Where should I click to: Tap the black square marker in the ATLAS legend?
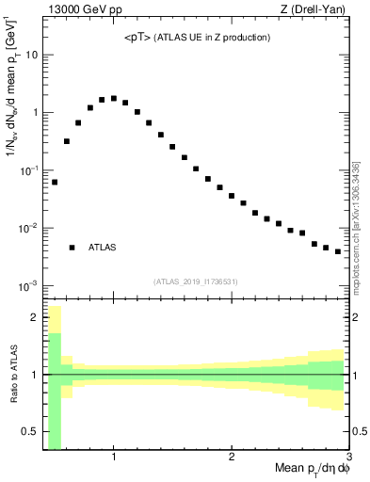click(x=72, y=248)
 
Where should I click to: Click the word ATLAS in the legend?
click(x=103, y=248)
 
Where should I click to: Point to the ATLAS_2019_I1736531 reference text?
click(x=197, y=281)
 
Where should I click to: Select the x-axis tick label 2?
click(x=232, y=458)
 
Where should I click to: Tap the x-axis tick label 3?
click(x=348, y=458)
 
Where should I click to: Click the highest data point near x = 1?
click(x=113, y=98)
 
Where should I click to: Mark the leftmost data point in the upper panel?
click(x=55, y=182)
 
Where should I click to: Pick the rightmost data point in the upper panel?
click(x=337, y=251)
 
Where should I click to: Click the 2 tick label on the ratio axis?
click(x=35, y=317)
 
